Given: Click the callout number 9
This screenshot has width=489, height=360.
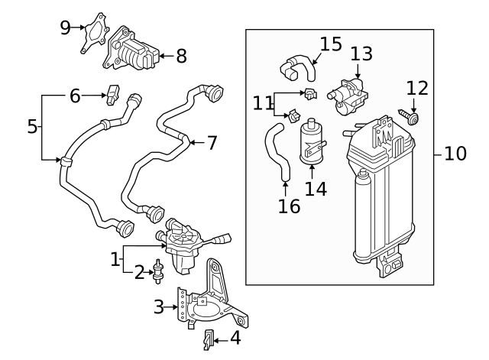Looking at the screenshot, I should click(66, 28).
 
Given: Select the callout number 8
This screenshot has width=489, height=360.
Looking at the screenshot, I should click(180, 56).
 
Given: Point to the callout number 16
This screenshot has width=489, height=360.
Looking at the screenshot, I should click(289, 207).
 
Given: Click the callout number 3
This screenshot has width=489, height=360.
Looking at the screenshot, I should click(158, 306).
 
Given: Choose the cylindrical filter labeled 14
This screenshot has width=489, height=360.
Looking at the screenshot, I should click(312, 141).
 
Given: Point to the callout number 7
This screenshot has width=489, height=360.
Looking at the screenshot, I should click(212, 142).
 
